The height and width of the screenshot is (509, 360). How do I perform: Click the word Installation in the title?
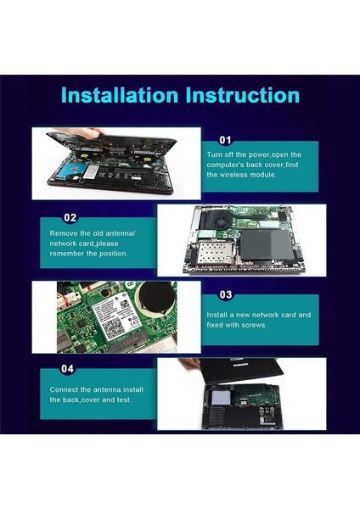point(120,95)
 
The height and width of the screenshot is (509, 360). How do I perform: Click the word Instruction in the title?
point(243,95)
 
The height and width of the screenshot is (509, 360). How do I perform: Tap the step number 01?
point(225,140)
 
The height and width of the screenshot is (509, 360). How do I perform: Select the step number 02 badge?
point(70,217)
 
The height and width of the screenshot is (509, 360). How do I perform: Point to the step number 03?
point(226,294)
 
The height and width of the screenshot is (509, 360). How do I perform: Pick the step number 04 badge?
point(67,368)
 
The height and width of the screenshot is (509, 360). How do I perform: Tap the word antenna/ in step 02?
point(121,233)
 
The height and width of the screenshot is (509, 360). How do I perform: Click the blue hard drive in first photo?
point(72,171)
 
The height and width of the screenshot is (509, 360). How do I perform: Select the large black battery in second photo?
point(267,244)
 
